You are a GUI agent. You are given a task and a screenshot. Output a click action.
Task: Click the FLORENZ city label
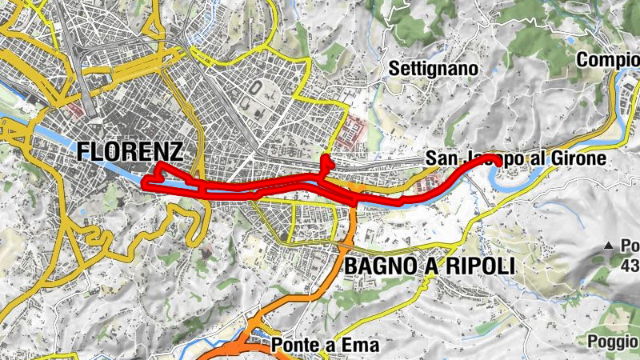pyautogui.click(x=130, y=152)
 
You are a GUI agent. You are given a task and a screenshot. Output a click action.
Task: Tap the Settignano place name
pyautogui.click(x=434, y=70)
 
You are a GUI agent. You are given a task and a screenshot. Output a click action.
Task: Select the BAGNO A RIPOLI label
pyautogui.click(x=429, y=266)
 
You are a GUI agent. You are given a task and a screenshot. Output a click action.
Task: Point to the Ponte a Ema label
pyautogui.click(x=324, y=346)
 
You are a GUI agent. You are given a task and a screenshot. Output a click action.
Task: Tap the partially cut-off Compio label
pyautogui.click(x=608, y=61)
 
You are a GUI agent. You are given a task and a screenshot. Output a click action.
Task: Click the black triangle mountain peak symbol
pyautogui.click(x=608, y=245)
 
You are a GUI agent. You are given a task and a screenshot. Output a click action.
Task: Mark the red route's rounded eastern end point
pyautogui.click(x=497, y=160)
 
